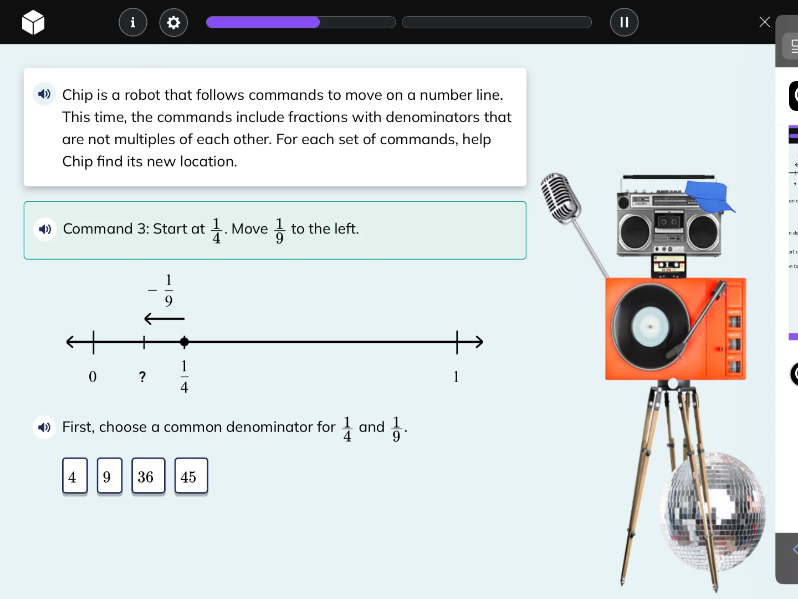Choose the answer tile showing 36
coord(148,476)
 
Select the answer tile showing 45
coord(191,476)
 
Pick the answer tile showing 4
coord(75,476)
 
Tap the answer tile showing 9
coord(109,476)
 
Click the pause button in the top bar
coord(624,22)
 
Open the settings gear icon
coord(173,22)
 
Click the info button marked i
coord(133,22)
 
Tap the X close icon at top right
coord(764,22)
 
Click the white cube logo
coord(33,22)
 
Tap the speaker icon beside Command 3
coord(45,229)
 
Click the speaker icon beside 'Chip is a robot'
coord(44,94)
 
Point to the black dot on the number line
coord(185,342)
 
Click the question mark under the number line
coord(142,377)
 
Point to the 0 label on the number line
coord(93,377)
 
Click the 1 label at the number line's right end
coord(456,377)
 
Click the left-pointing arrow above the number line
coord(164,319)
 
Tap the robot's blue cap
coord(709,196)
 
